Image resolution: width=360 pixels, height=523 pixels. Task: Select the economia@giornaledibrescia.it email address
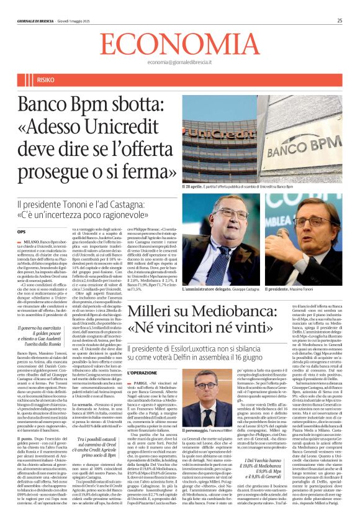coord(180,63)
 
